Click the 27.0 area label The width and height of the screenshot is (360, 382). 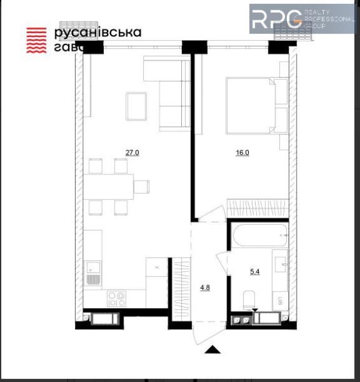click(132, 153)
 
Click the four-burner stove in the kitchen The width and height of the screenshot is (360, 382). click(116, 298)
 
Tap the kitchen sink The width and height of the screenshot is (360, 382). click(93, 274)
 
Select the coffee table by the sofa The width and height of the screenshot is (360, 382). click(136, 106)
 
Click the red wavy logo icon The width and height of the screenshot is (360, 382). click(37, 39)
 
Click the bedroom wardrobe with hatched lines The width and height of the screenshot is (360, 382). click(258, 208)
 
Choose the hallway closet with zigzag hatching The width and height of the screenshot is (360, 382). click(182, 283)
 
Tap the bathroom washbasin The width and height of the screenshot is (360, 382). click(280, 262)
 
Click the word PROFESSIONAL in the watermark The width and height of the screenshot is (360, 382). click(330, 20)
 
